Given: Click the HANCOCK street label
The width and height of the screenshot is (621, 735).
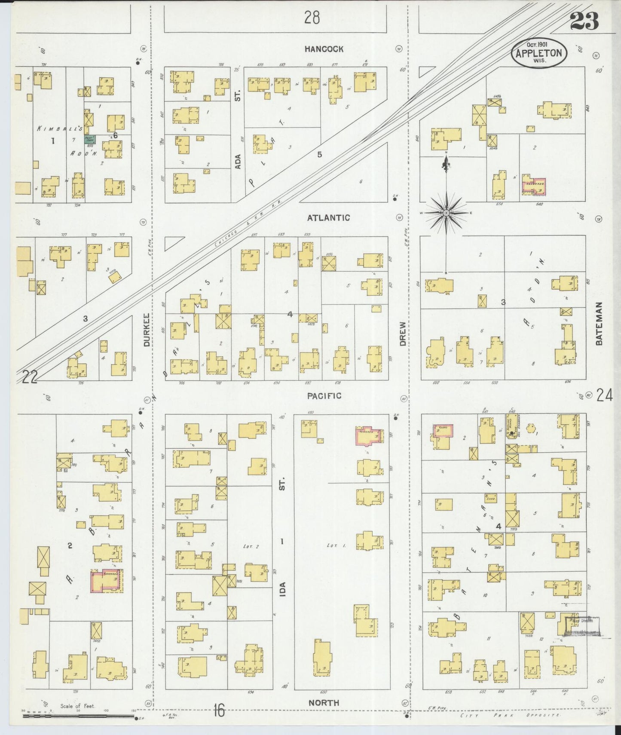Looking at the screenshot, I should tap(324, 49).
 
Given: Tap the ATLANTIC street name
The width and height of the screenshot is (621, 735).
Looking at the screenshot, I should tap(328, 218).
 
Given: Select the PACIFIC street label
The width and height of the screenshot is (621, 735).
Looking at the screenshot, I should tap(324, 395).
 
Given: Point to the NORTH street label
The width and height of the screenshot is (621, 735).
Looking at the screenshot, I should tap(324, 703).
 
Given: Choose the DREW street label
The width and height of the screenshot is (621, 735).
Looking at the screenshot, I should tap(403, 334).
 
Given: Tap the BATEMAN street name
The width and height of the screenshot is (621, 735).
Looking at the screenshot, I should tap(599, 323).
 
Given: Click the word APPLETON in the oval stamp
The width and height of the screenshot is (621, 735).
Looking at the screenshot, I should tap(539, 53).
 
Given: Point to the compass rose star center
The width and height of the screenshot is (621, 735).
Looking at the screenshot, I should tap(446, 213).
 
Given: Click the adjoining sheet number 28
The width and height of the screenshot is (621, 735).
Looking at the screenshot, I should tap(312, 18).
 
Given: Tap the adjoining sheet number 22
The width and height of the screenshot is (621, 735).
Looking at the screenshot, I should tap(30, 377).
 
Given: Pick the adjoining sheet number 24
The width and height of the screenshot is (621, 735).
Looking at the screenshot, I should tap(604, 395).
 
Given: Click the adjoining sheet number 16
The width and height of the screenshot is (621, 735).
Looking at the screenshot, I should tap(218, 711).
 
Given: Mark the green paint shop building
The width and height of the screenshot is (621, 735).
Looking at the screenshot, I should tap(90, 139).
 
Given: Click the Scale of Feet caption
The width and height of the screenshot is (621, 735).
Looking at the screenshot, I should tap(77, 706).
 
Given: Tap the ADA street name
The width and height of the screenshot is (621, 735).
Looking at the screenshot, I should tap(238, 161).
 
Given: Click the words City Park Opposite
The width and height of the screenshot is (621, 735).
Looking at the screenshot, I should tap(510, 715).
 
